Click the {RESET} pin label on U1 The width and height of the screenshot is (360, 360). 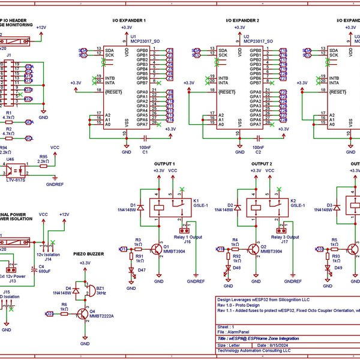[113, 91]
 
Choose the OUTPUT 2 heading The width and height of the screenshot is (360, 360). [262, 164]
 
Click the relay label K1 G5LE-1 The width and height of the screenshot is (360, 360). [200, 203]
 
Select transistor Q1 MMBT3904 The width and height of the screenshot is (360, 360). [158, 248]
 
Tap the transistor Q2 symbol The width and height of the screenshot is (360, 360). [256, 248]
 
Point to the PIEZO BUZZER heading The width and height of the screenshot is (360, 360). [88, 254]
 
